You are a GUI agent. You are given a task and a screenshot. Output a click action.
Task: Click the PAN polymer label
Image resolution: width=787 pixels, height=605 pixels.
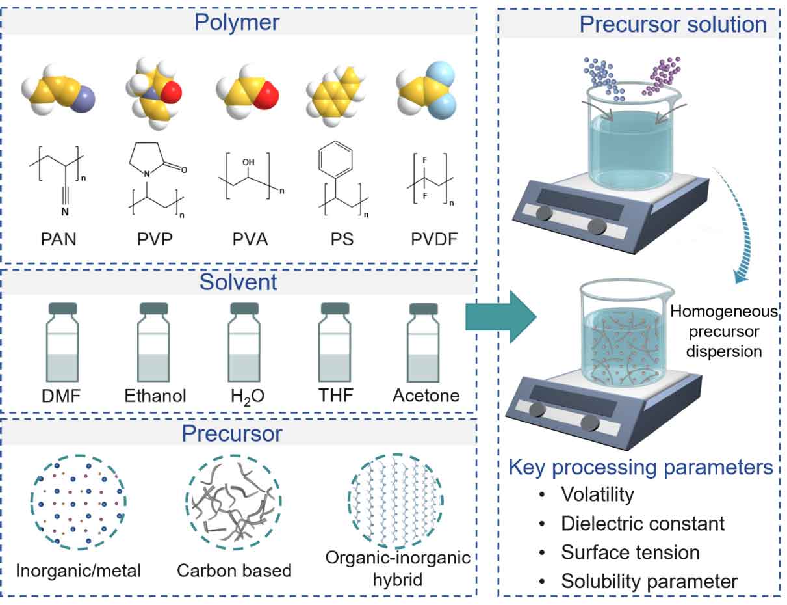pyautogui.click(x=58, y=239)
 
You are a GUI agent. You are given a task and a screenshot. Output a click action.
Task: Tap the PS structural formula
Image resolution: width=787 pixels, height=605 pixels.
pyautogui.click(x=342, y=179)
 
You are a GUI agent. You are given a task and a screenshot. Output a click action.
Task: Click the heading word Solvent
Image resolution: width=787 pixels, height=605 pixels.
pyautogui.click(x=238, y=282)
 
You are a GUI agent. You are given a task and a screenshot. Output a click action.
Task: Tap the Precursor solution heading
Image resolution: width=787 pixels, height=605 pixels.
pyautogui.click(x=673, y=25)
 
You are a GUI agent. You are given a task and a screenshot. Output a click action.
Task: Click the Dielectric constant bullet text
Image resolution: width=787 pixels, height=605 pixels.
pyautogui.click(x=643, y=523)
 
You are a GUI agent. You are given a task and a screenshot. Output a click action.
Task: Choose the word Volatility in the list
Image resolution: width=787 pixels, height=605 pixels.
pyautogui.click(x=597, y=494)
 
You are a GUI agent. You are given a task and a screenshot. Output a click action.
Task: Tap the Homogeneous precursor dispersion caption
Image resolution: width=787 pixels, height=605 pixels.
pyautogui.click(x=724, y=332)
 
